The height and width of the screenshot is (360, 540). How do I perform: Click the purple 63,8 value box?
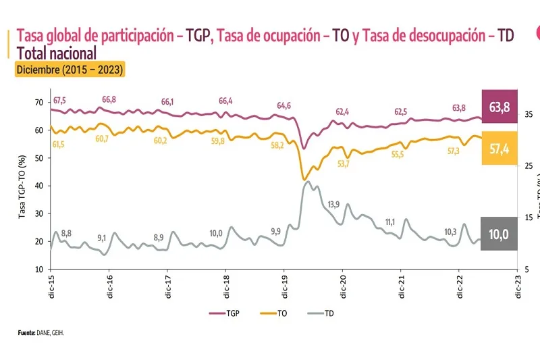tap(500, 106)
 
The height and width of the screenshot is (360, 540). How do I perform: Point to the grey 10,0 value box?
tap(500, 234)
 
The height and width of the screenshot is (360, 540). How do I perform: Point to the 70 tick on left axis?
tap(39, 102)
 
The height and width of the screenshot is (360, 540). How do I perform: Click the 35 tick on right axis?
tap(530, 115)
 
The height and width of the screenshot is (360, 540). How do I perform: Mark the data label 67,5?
tap(61, 100)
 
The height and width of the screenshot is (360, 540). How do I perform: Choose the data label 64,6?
tap(284, 106)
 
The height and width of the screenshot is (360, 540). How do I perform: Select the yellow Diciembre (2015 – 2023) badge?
tap(70, 69)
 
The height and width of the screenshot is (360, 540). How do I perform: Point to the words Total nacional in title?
tap(57, 53)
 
